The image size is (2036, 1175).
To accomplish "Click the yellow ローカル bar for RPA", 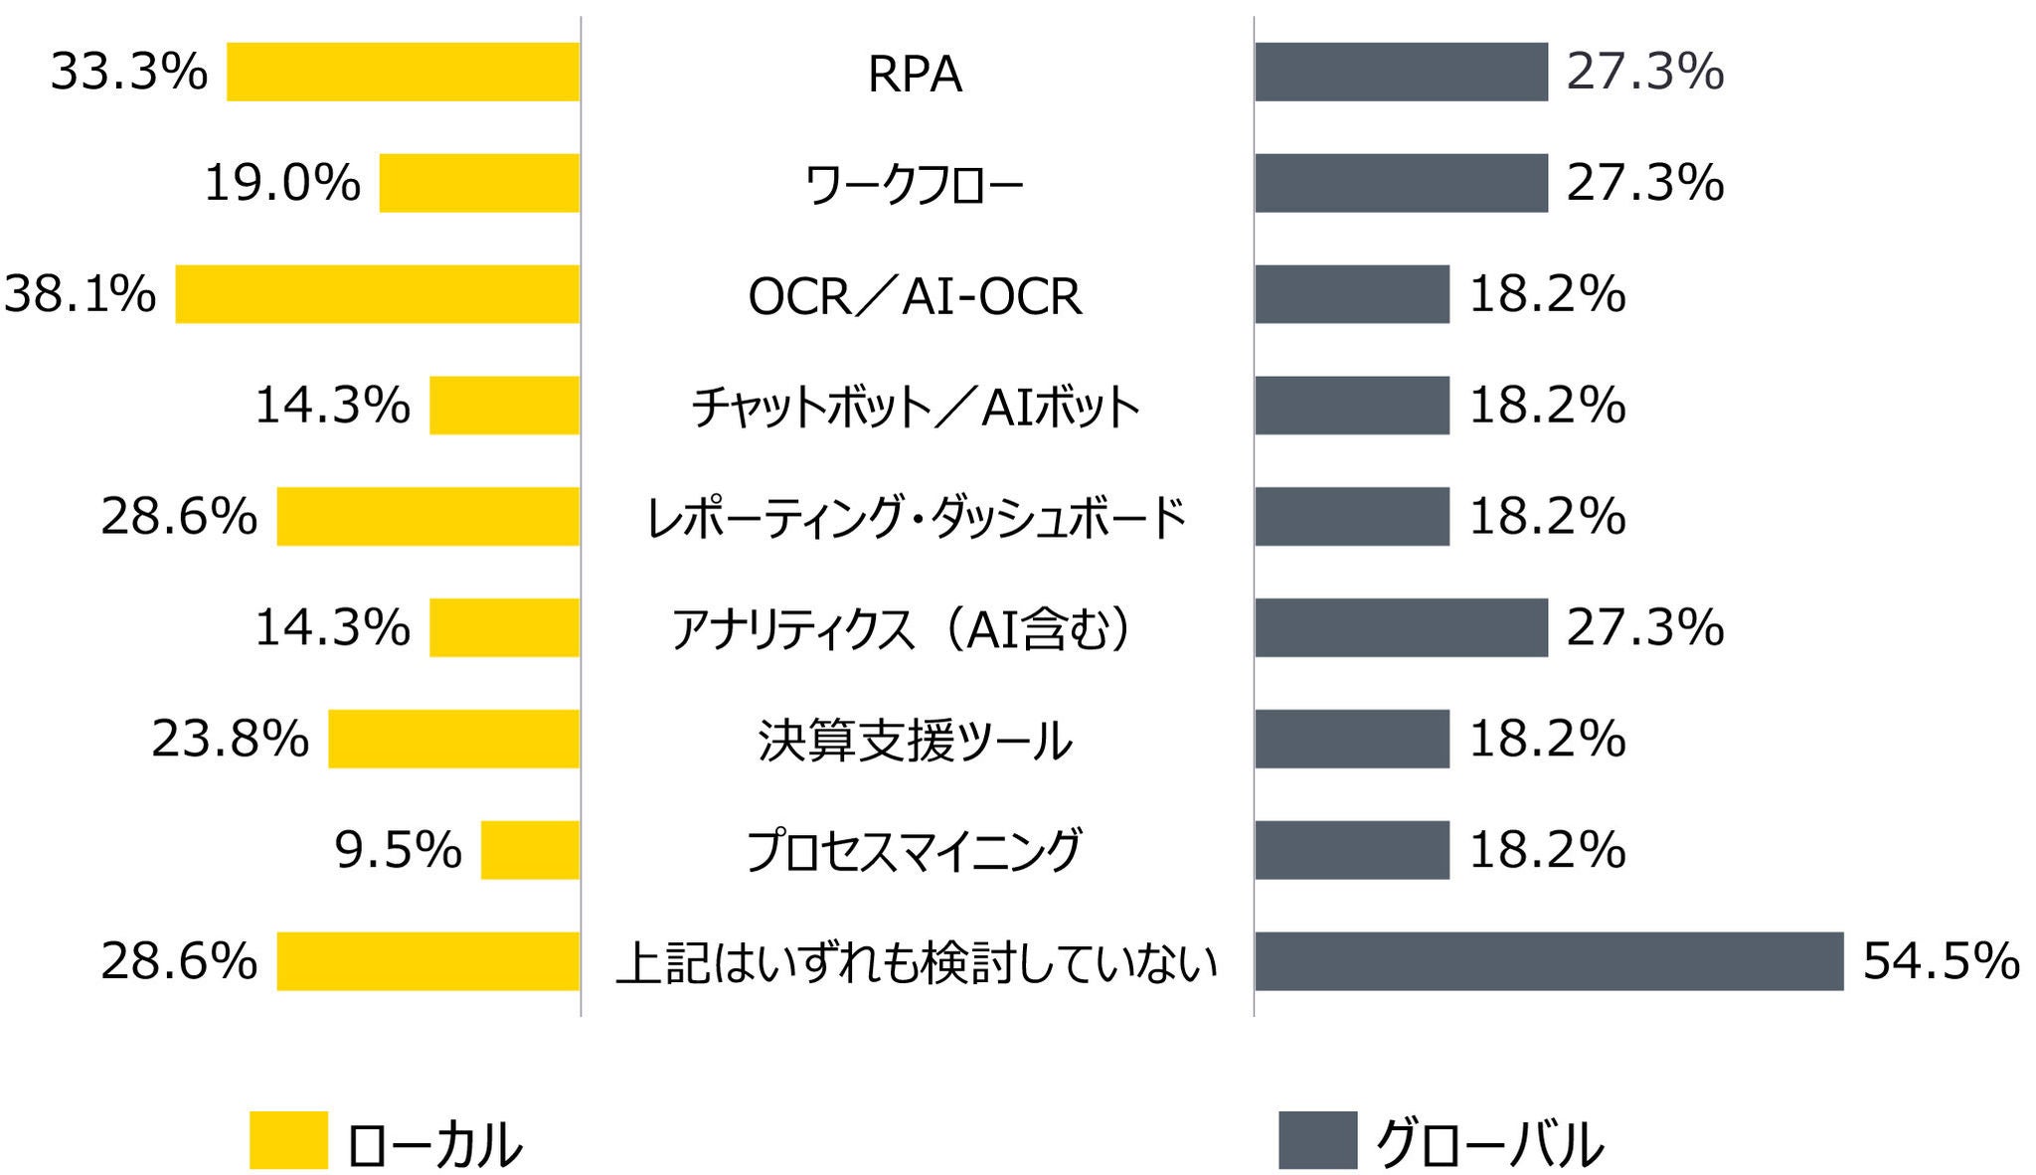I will (x=403, y=72).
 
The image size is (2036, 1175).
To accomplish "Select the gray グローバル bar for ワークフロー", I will (x=1401, y=183).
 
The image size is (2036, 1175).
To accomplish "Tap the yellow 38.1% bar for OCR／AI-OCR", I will (x=377, y=294).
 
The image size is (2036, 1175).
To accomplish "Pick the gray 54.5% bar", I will (x=1548, y=961).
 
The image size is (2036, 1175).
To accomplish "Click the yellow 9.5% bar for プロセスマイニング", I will (x=530, y=850).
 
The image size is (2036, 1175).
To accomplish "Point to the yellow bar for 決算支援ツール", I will (x=453, y=739).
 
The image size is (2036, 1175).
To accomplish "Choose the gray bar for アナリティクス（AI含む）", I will (x=1401, y=627).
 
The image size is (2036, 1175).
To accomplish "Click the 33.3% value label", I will (x=129, y=72).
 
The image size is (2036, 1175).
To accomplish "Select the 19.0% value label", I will (x=282, y=183).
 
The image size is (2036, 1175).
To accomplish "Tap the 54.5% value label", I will (x=1941, y=961).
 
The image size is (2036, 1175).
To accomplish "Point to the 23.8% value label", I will (x=231, y=739).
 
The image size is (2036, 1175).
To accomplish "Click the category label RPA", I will (x=915, y=75).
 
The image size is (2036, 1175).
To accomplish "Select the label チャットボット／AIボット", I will (x=915, y=407).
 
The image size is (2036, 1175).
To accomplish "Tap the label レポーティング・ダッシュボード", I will (x=915, y=518).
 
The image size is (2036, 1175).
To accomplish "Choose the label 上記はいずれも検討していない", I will (x=915, y=963).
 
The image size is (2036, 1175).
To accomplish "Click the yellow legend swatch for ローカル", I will (x=288, y=1139).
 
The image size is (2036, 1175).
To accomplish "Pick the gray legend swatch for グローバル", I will (x=1317, y=1139).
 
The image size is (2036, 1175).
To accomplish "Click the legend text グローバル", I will (x=1488, y=1143).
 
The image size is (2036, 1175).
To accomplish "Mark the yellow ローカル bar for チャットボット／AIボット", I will (x=504, y=406).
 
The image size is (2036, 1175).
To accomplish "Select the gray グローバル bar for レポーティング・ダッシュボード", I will (x=1351, y=516).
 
